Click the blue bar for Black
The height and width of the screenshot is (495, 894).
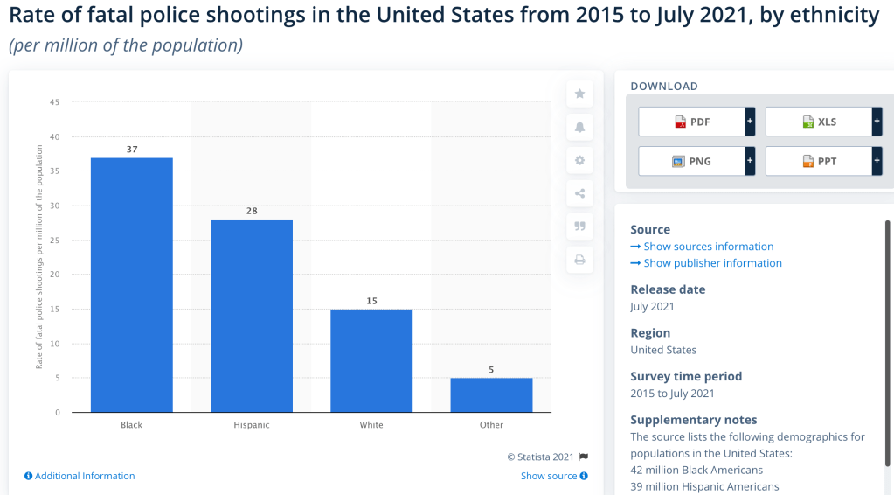(x=132, y=285)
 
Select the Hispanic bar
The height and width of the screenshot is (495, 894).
(x=252, y=316)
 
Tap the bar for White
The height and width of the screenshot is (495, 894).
(x=371, y=360)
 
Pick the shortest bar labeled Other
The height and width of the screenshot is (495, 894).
(x=491, y=395)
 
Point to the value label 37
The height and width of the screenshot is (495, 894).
(x=132, y=150)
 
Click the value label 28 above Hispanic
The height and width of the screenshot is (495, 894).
(x=252, y=211)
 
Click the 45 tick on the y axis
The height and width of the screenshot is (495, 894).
(x=54, y=102)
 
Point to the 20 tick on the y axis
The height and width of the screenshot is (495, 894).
(x=54, y=275)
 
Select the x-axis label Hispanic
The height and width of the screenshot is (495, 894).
(x=252, y=425)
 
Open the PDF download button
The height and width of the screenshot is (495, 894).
(x=692, y=122)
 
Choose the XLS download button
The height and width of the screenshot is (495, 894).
(x=819, y=122)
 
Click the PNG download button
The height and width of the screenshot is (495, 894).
(x=692, y=161)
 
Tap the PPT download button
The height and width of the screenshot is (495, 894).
(x=819, y=161)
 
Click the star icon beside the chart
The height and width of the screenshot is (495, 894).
(x=579, y=94)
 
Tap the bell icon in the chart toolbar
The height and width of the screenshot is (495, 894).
(x=579, y=127)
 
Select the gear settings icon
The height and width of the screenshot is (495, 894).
(x=579, y=160)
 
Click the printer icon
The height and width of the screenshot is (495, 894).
(x=579, y=260)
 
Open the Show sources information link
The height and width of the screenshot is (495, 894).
(x=708, y=247)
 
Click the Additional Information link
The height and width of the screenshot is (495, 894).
(x=80, y=476)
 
